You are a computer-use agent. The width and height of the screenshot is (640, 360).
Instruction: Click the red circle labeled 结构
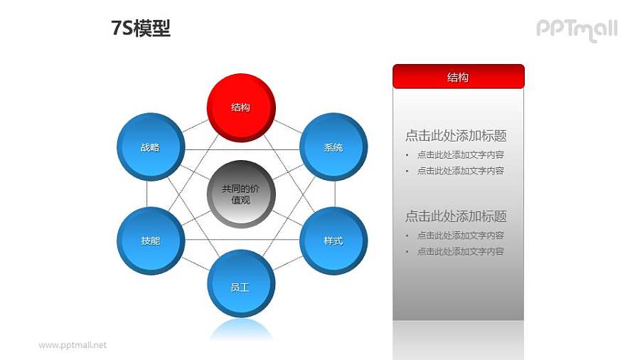[x=241, y=107]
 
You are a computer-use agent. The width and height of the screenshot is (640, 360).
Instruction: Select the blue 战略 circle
[x=150, y=147]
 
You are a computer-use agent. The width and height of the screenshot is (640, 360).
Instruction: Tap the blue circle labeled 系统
[x=334, y=147]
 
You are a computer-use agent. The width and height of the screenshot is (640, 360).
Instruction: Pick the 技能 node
[x=150, y=240]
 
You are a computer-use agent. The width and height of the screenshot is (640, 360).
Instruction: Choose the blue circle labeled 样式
[x=334, y=240]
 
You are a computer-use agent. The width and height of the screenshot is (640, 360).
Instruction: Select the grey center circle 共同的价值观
[x=241, y=194]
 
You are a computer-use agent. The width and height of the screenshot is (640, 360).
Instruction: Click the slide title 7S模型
[x=141, y=28]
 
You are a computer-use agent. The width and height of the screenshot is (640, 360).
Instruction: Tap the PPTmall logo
[x=576, y=29]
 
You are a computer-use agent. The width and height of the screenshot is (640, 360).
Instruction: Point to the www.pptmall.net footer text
[x=73, y=345]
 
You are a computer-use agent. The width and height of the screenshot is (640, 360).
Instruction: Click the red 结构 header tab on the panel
[x=458, y=77]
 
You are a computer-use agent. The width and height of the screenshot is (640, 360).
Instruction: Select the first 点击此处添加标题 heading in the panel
[x=456, y=136]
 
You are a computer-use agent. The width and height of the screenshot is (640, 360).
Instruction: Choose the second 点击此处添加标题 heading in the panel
[x=456, y=216]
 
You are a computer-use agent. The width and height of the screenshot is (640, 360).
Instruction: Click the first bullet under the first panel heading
[x=460, y=154]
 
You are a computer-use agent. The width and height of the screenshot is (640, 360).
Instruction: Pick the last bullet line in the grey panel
[x=460, y=251]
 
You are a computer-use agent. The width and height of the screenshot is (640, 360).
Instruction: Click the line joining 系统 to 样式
[x=335, y=194]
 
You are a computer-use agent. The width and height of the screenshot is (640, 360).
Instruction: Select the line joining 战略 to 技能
[x=147, y=194]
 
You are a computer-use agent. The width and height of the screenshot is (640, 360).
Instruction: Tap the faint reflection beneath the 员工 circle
[x=241, y=329]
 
